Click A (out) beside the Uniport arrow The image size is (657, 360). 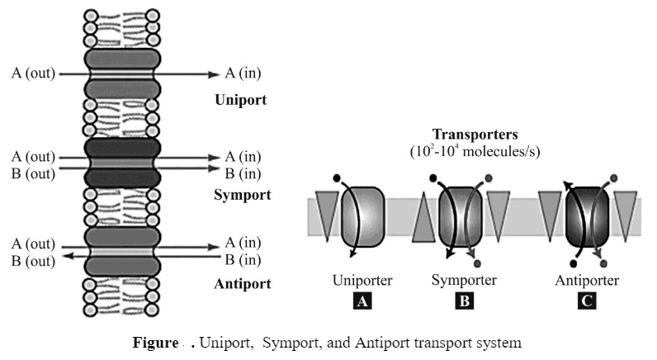[33, 73]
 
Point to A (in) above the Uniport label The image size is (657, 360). [243, 73]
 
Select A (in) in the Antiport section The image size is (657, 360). [243, 244]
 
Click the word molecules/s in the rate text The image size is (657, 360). [505, 152]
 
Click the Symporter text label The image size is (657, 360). [464, 280]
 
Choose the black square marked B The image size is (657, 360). [464, 301]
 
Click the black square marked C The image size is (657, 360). [586, 301]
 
